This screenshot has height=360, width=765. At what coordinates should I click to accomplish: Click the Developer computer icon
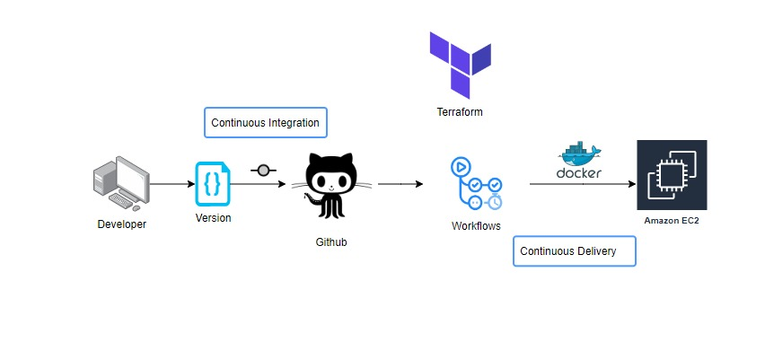[122, 182]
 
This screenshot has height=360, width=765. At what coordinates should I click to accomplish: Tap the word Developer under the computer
[122, 224]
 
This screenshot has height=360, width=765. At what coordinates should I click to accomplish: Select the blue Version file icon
[213, 184]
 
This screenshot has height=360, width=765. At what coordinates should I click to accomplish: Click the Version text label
[213, 218]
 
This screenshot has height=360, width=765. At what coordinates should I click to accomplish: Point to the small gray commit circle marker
[263, 171]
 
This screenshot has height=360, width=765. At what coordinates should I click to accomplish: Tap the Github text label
[330, 242]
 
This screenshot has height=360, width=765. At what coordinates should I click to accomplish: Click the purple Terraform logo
[459, 64]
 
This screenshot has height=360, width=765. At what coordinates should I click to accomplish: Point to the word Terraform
[459, 112]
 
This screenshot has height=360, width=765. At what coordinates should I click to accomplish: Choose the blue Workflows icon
[476, 184]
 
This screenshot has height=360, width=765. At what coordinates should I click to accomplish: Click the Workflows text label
[476, 225]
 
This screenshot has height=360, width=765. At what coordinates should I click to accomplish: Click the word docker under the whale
[579, 172]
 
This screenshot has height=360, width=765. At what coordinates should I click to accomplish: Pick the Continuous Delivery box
[574, 251]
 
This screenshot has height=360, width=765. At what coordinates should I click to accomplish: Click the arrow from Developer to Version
[172, 184]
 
